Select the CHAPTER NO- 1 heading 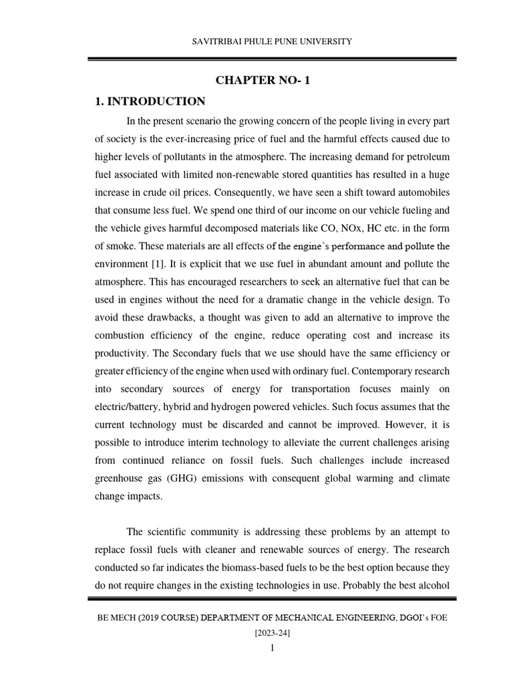[263, 81]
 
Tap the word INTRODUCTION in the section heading [156, 102]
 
